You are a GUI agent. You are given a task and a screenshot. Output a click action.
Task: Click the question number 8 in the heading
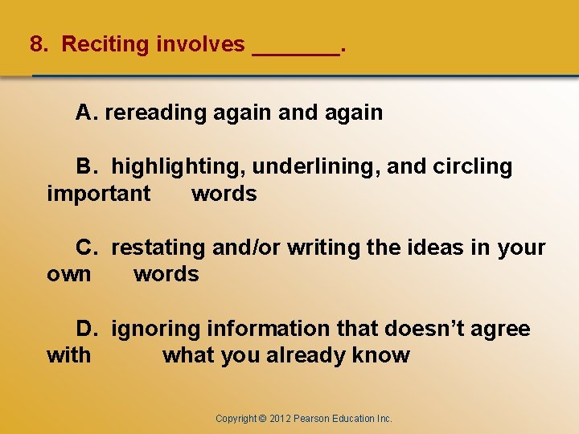[x=36, y=44]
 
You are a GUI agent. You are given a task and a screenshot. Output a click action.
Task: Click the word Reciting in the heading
[x=105, y=44]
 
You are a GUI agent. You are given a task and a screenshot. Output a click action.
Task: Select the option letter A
[x=85, y=113]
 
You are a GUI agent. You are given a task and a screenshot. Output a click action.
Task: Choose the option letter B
[x=85, y=166]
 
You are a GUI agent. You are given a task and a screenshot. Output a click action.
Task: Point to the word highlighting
[x=179, y=167]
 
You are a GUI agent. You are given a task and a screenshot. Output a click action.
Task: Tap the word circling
[x=472, y=167]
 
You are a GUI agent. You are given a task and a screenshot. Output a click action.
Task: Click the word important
[x=98, y=194]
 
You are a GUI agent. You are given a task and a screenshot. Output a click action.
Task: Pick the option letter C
[x=86, y=248]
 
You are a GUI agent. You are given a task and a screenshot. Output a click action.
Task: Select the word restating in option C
[x=158, y=248]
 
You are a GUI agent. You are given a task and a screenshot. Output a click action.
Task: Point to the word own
[x=69, y=274]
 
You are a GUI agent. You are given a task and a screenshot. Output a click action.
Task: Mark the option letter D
[x=86, y=329]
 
